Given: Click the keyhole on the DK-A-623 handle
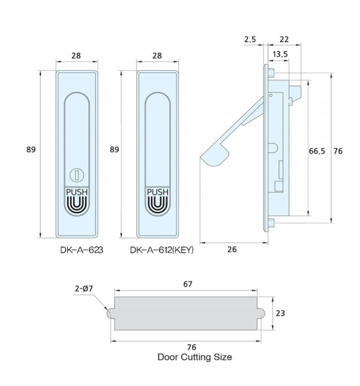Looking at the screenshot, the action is coord(77,175).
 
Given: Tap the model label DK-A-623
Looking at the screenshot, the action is coord(82,250).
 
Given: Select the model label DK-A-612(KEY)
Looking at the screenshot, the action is coord(161,250).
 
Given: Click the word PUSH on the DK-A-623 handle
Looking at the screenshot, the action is coord(77,192).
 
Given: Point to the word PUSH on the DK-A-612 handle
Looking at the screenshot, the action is coord(158,192).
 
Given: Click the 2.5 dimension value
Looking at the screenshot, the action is coord(250,40).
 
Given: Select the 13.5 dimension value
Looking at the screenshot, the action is coord(280,54).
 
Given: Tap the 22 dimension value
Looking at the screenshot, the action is coord(284,40).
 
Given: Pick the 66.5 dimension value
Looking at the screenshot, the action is coord(317,151).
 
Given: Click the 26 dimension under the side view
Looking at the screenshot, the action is coord(232,250).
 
